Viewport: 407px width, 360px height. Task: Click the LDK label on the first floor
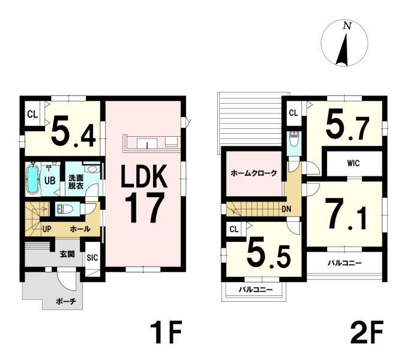pos(144,176)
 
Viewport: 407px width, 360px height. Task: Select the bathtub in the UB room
pos(32,179)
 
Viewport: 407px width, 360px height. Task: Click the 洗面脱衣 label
pos(76,182)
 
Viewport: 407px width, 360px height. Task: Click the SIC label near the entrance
pos(92,257)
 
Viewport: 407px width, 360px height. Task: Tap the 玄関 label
pos(67,254)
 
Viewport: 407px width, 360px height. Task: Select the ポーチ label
pos(66,302)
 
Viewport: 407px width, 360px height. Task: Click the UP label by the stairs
pos(47,229)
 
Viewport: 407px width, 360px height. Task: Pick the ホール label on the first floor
pos(80,229)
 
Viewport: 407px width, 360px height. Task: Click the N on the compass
pos(348,25)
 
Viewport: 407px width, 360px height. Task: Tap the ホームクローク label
pos(254,173)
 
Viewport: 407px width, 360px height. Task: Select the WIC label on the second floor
pos(353,163)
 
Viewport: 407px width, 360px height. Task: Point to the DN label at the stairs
pos(286,209)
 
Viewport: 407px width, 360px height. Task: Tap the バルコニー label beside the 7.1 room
pos(345,263)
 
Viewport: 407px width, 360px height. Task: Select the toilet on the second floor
pos(294,139)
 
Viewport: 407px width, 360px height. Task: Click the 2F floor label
pos(367,332)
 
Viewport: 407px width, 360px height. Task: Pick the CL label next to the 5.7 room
pos(294,113)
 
